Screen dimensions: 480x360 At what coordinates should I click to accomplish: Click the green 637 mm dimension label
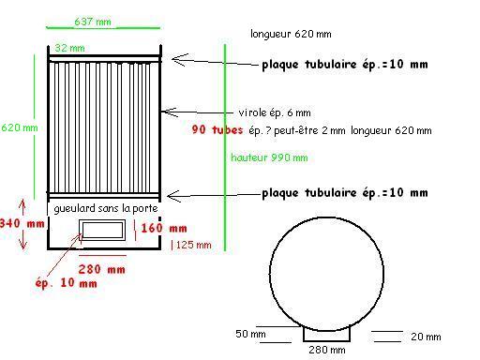[x=93, y=22]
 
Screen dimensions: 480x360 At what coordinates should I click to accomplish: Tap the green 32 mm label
[x=69, y=48]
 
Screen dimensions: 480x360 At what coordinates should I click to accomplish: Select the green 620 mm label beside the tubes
[x=20, y=127]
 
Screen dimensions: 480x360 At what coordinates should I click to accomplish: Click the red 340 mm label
[x=22, y=223]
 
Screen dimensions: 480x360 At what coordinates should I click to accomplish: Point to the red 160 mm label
[x=164, y=228]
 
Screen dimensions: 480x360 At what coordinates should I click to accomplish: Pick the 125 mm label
[x=193, y=245]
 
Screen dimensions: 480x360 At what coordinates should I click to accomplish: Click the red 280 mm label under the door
[x=101, y=269]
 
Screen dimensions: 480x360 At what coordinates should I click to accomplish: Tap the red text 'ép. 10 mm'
[x=66, y=283]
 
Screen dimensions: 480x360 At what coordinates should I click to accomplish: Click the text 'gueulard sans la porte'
[x=106, y=208]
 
